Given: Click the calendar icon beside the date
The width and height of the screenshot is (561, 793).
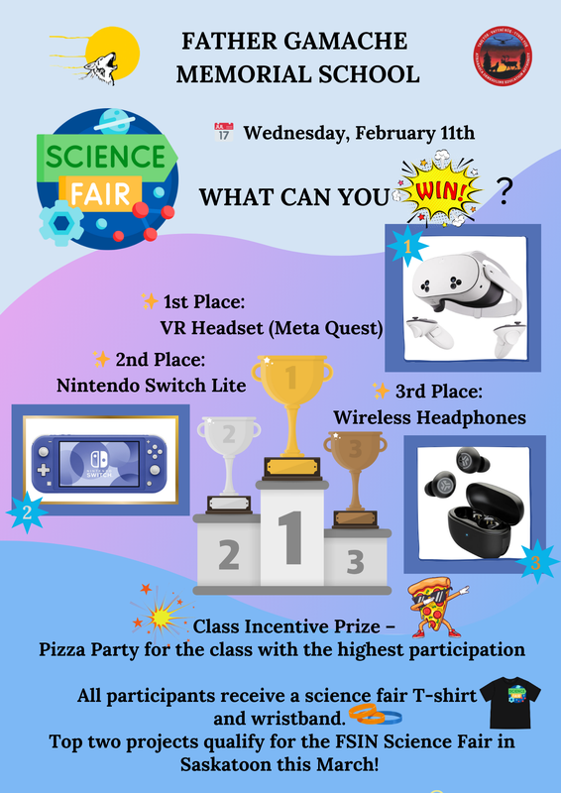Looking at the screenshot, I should click(222, 132).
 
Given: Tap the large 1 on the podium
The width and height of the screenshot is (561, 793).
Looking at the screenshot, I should click(289, 538).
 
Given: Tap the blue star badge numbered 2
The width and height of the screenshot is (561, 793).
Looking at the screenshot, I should click(28, 511).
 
